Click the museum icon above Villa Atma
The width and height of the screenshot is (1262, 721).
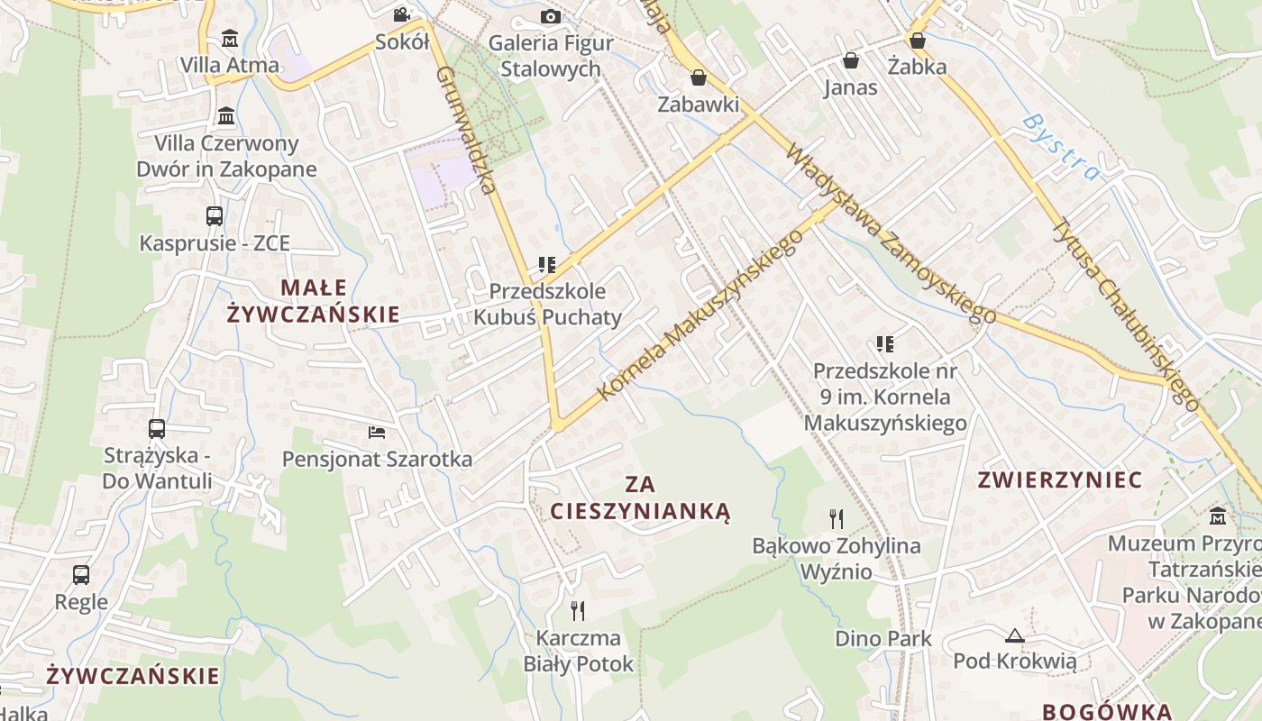(x=230, y=39)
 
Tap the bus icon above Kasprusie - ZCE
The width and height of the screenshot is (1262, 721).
(x=215, y=216)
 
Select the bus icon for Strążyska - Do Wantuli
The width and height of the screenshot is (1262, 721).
(x=157, y=429)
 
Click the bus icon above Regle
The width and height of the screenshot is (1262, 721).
(x=81, y=575)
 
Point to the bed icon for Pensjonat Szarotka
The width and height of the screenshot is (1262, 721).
(x=377, y=433)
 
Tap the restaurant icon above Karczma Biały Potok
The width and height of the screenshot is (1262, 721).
(x=578, y=611)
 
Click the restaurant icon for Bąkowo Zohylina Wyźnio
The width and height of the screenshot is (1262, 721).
(x=837, y=518)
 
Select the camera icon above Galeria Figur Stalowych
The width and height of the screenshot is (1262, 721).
(x=550, y=16)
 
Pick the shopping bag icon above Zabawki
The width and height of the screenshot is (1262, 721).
(x=698, y=78)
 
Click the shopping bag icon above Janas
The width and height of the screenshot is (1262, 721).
(x=850, y=60)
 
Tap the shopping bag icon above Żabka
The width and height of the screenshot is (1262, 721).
(x=917, y=41)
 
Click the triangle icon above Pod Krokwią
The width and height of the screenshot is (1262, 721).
(x=1015, y=635)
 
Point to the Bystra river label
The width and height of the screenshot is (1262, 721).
(x=1062, y=147)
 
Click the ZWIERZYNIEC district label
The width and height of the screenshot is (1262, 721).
(x=1060, y=479)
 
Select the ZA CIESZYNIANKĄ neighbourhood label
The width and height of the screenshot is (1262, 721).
(x=640, y=498)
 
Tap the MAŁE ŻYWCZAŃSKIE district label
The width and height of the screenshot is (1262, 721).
(x=313, y=300)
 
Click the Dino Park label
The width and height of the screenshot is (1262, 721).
(x=883, y=638)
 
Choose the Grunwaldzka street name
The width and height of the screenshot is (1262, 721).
(x=466, y=130)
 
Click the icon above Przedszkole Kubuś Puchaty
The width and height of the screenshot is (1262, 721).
(x=547, y=265)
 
